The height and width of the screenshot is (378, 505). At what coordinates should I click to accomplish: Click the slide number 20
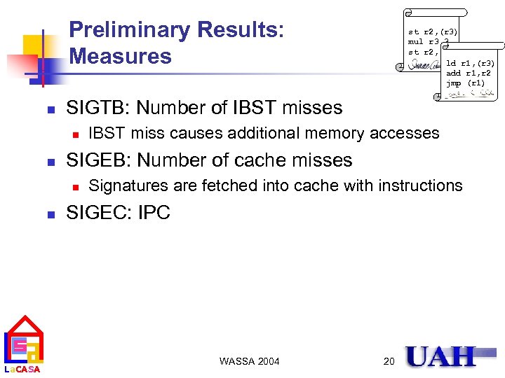pyautogui.click(x=389, y=361)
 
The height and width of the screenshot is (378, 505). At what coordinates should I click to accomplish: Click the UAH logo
pyautogui.click(x=440, y=357)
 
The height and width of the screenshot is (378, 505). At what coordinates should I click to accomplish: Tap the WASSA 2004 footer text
pyautogui.click(x=249, y=361)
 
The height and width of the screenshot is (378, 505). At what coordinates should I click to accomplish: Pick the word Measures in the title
pyautogui.click(x=121, y=56)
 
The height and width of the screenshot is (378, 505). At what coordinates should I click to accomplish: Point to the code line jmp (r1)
pyautogui.click(x=465, y=83)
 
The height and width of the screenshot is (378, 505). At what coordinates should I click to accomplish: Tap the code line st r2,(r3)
pyautogui.click(x=433, y=31)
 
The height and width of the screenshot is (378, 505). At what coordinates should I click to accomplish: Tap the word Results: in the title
pyautogui.click(x=241, y=30)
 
